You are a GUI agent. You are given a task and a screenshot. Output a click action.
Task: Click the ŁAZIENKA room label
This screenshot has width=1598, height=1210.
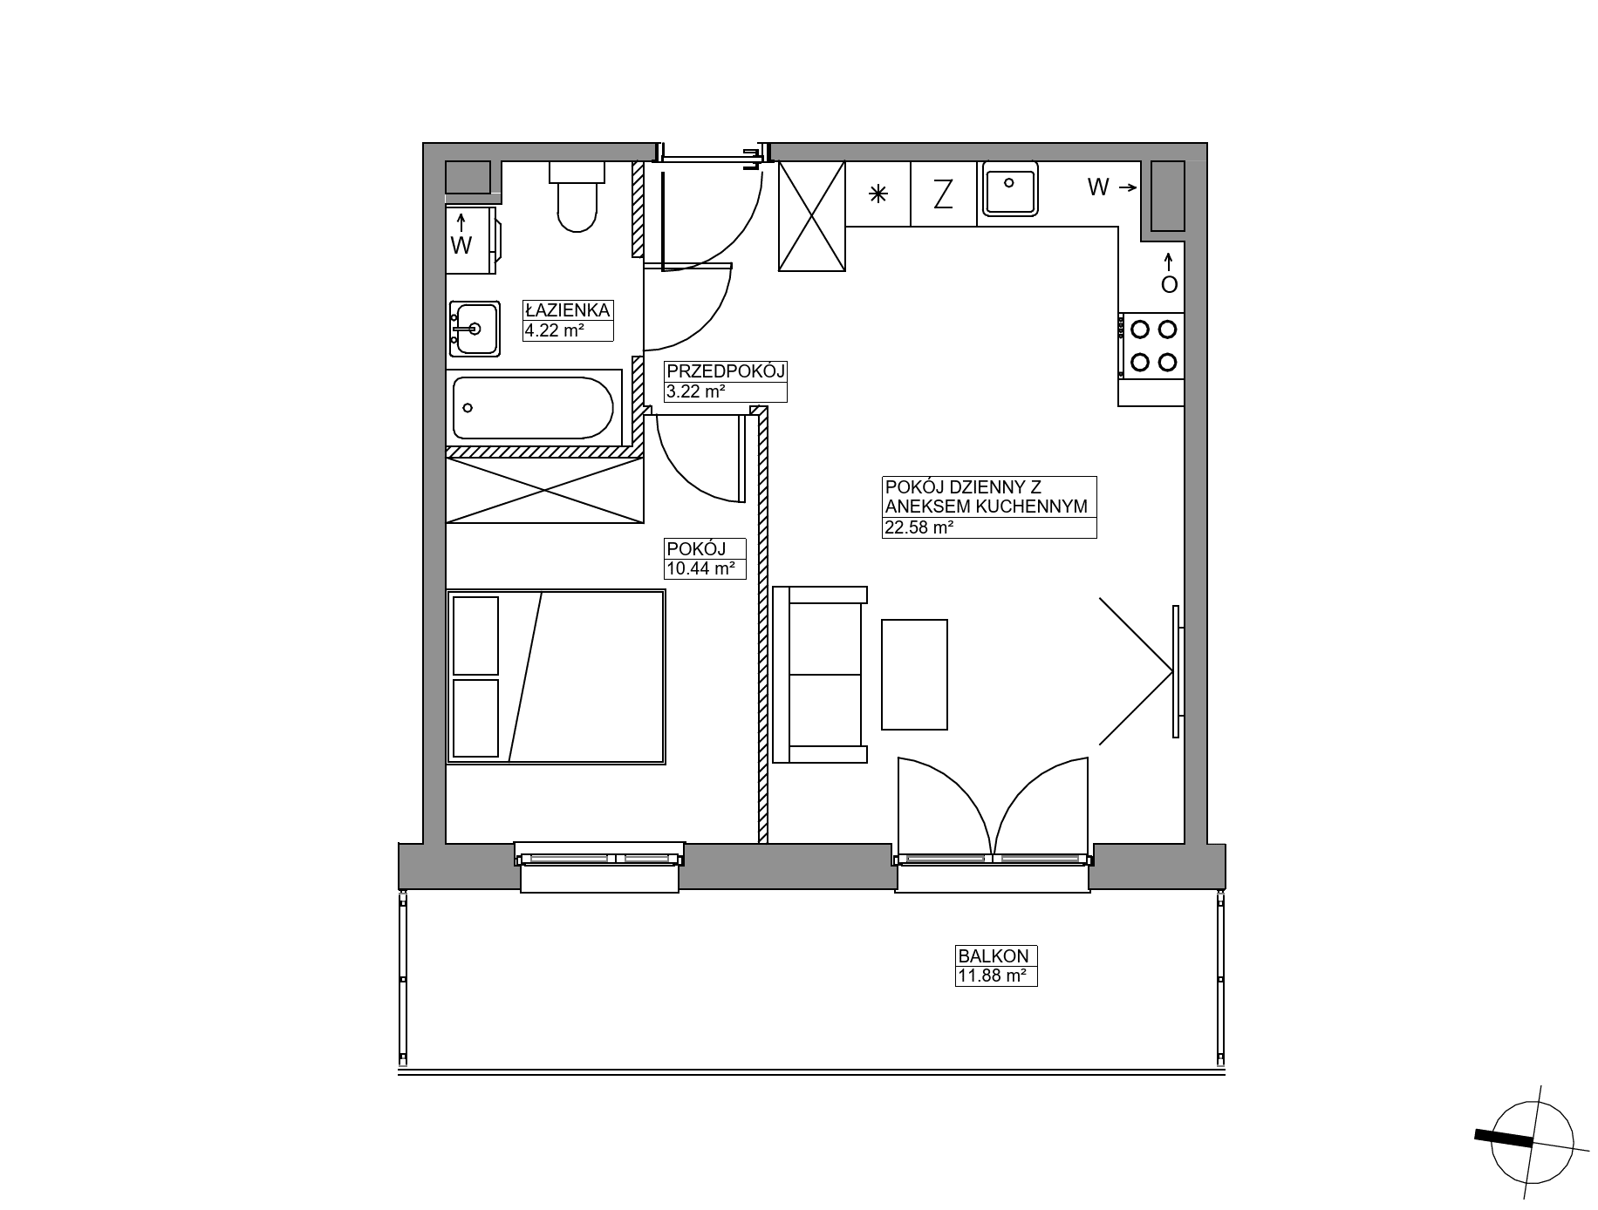(567, 310)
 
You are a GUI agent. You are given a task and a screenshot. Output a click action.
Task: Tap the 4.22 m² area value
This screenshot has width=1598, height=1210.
(554, 330)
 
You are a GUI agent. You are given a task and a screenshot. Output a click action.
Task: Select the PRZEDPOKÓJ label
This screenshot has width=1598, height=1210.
(725, 371)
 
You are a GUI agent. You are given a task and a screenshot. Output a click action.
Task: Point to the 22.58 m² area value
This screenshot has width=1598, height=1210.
(919, 527)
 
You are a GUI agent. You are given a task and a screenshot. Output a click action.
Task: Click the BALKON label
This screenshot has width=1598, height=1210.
(993, 956)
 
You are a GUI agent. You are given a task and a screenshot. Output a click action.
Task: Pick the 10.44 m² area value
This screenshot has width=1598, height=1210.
(700, 569)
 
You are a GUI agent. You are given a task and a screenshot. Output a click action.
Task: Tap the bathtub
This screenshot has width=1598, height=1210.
(534, 408)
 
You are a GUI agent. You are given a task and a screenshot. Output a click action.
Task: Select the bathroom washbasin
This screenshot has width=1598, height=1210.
(475, 329)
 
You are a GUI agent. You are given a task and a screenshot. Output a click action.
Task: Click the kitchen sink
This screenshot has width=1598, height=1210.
(1010, 188)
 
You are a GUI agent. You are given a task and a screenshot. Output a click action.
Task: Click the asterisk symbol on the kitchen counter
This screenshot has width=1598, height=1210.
(878, 194)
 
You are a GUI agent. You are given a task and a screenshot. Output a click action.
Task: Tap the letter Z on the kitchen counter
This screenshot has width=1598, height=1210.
(943, 194)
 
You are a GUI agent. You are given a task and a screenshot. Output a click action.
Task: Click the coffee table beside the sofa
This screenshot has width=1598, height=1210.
(914, 675)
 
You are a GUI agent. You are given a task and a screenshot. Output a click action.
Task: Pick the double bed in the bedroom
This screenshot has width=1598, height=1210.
(557, 677)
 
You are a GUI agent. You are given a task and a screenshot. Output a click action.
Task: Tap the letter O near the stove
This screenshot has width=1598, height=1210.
(1169, 284)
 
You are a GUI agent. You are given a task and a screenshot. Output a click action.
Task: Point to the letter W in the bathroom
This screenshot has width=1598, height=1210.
(461, 246)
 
